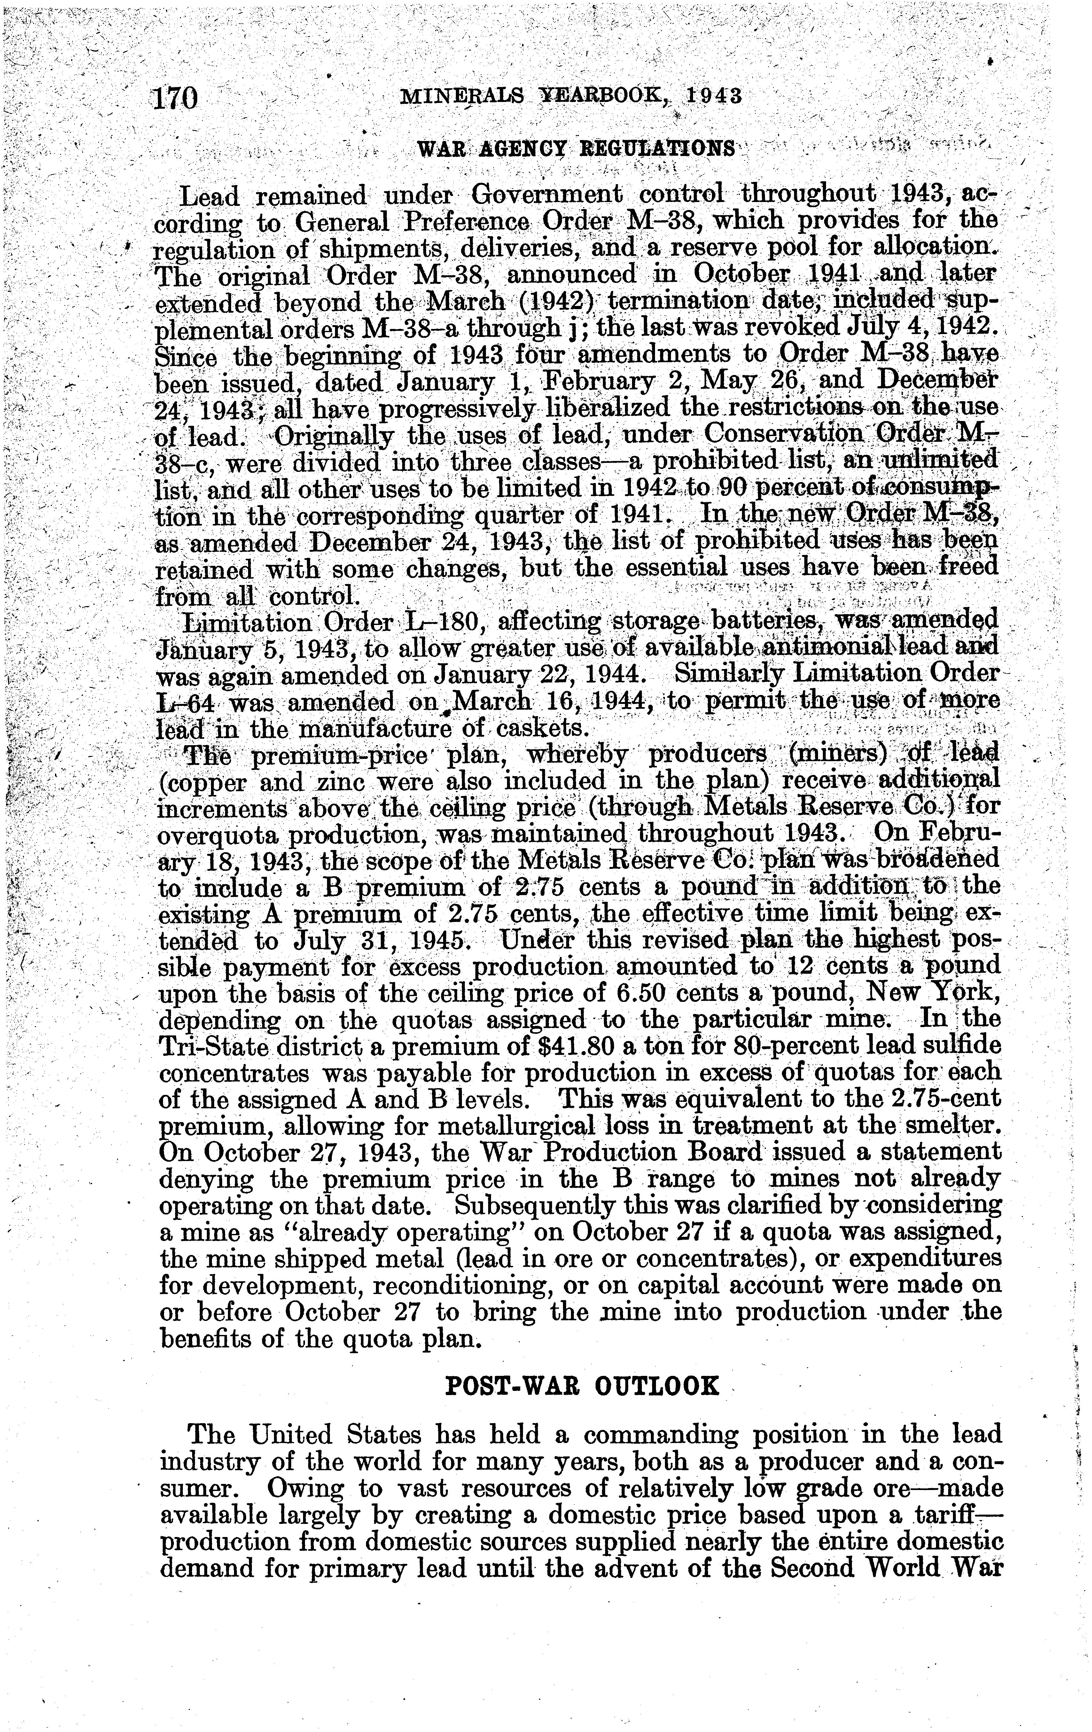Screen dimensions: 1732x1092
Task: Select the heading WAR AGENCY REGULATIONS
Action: click(577, 149)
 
